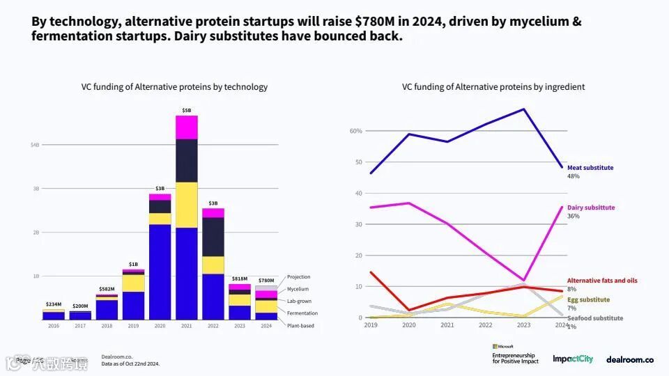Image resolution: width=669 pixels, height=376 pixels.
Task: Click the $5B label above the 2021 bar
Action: (187, 110)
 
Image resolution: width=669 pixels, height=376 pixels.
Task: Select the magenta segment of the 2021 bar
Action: (187, 127)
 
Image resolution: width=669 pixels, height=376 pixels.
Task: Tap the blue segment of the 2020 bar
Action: (160, 272)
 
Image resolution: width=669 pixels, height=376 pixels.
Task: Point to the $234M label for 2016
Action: (54, 304)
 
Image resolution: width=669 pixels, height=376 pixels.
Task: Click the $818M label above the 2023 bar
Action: (240, 279)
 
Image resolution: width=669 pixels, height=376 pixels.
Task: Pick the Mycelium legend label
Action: (298, 289)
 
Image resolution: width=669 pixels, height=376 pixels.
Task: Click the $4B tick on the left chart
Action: (35, 145)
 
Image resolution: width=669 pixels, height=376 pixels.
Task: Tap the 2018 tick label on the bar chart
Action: (107, 326)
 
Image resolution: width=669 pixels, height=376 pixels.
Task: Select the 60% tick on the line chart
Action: (355, 131)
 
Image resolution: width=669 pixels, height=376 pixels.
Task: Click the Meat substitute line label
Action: (590, 168)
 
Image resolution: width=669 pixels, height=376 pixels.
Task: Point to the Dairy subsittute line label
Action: (591, 207)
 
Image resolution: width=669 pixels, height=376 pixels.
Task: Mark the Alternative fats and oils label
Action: (602, 281)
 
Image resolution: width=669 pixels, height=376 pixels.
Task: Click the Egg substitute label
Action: (588, 299)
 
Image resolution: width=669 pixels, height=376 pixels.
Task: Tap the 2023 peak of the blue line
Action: (523, 109)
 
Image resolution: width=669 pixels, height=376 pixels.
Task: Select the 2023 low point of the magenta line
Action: (523, 281)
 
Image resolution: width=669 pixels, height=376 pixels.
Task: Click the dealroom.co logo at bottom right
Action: (629, 359)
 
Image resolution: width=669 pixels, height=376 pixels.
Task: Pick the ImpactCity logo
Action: (573, 359)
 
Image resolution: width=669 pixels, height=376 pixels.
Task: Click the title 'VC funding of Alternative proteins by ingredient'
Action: (493, 87)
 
